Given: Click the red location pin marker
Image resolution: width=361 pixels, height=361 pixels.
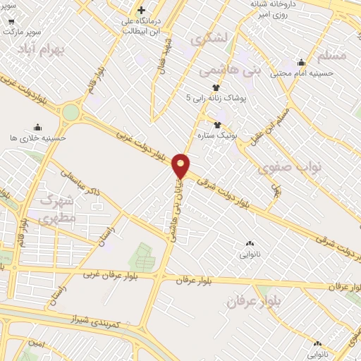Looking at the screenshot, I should click(181, 166).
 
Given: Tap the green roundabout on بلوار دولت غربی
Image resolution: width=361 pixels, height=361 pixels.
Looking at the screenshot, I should click(71, 112).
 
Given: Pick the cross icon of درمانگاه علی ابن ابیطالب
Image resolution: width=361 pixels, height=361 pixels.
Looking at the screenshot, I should click(141, 11).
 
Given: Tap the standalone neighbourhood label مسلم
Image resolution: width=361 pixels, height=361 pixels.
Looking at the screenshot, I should click(332, 54).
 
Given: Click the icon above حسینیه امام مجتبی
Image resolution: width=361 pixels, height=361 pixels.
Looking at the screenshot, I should click(302, 62).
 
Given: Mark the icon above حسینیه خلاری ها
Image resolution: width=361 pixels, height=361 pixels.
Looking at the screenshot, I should click(11, 129).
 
